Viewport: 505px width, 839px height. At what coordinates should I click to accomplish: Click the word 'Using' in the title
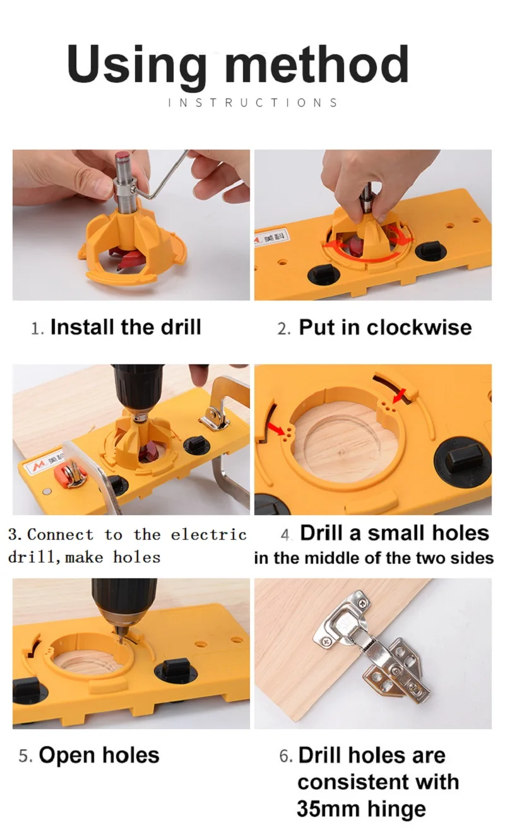click(x=136, y=66)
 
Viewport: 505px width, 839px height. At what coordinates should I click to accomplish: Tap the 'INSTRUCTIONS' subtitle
click(x=252, y=102)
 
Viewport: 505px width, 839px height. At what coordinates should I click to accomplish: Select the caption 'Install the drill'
click(x=125, y=327)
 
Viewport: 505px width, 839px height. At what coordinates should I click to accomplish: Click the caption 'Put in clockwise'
click(x=384, y=327)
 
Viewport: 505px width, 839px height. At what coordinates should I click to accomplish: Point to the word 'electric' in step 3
click(x=208, y=535)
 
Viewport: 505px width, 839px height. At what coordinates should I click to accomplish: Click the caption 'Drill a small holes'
click(x=394, y=533)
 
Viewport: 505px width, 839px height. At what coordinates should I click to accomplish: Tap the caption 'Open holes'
click(x=99, y=755)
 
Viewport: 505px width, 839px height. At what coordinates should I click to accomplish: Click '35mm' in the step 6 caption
click(x=324, y=809)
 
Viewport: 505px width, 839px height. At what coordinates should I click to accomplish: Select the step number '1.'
click(x=38, y=328)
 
